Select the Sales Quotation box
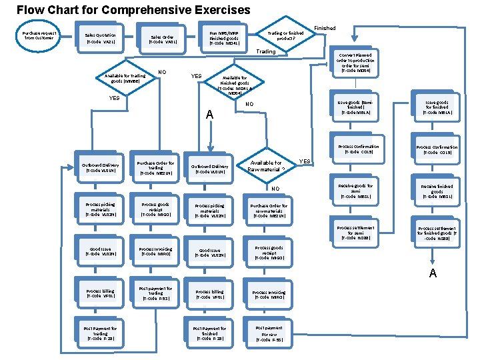100,38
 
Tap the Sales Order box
162,40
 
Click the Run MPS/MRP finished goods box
224,36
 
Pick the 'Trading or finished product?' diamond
285,35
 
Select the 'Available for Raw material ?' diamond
266,165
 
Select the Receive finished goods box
437,191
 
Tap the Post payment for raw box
269,334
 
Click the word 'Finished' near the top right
325,28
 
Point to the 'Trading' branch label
265,51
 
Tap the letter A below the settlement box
433,273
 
